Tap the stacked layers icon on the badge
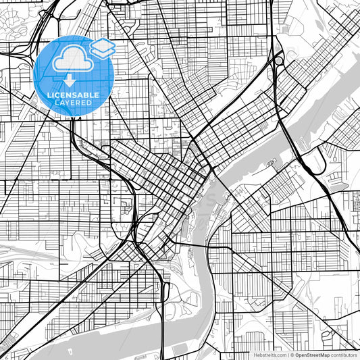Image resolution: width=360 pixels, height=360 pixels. tap(102, 48)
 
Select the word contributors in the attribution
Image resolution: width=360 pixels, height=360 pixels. tap(344, 355)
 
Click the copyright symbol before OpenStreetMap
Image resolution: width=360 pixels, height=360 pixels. tap(292, 355)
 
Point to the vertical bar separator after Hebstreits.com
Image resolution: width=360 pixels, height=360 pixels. tap(288, 355)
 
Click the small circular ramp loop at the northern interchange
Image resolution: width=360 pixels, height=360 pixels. tap(278, 61)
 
